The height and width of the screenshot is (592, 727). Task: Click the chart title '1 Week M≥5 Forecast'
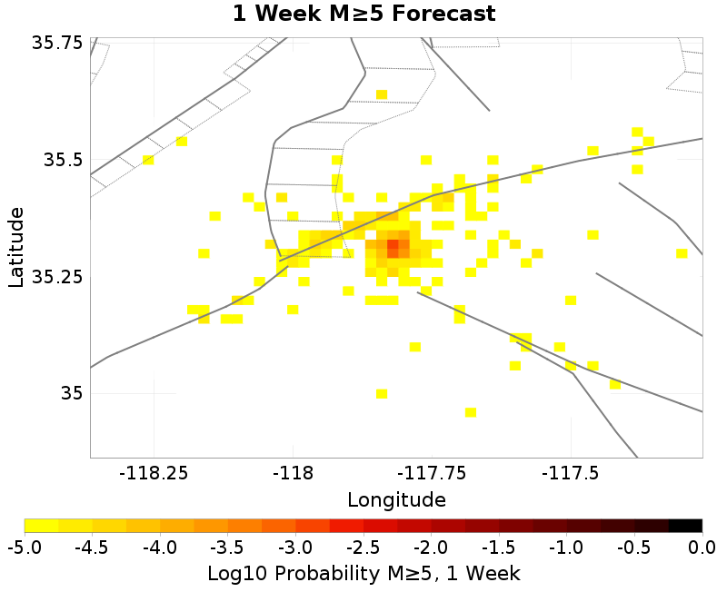coord(364,13)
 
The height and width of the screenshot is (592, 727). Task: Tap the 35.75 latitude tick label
coord(56,43)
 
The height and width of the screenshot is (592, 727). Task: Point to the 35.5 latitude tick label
coord(63,160)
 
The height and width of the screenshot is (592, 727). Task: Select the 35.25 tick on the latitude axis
coord(56,277)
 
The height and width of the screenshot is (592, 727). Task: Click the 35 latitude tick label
coord(72,394)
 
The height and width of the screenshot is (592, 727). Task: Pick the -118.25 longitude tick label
coord(154,473)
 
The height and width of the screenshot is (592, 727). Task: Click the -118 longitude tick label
coord(294,473)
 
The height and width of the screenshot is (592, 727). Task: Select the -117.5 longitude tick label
coord(571,473)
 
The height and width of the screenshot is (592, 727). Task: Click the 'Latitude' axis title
coord(15,247)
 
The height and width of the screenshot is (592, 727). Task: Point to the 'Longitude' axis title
coord(396,500)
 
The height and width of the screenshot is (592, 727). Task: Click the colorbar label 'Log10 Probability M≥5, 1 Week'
coord(364,574)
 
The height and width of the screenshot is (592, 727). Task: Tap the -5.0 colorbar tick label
coord(25,548)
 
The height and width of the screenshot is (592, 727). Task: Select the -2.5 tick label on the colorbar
coord(363,548)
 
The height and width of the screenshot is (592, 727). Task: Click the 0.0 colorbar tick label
coord(702,548)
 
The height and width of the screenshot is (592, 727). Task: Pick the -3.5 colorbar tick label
coord(228,548)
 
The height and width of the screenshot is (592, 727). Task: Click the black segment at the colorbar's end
coord(686,526)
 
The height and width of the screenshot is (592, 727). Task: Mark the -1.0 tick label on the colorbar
coord(566,548)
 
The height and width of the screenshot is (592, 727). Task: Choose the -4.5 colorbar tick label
coord(93,548)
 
